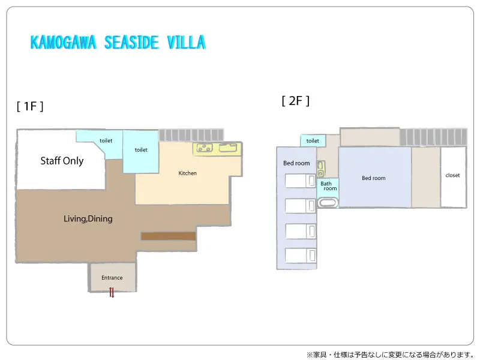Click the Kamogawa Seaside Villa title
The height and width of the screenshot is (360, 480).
click(118, 42)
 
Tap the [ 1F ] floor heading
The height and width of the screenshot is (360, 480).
click(30, 106)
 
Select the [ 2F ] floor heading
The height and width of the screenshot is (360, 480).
click(295, 100)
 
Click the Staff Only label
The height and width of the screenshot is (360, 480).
click(62, 161)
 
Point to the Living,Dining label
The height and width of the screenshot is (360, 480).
click(88, 218)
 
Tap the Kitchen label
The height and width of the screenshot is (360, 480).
click(187, 173)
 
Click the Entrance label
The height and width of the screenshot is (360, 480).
click(112, 278)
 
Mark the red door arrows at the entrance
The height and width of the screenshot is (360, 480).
click(112, 292)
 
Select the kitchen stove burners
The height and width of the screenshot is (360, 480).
click(204, 148)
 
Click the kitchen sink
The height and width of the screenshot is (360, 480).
click(228, 148)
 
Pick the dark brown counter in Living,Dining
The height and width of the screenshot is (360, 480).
click(168, 236)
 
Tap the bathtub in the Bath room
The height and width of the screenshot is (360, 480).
click(328, 202)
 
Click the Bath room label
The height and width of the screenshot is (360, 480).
click(328, 186)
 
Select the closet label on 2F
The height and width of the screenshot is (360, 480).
click(452, 175)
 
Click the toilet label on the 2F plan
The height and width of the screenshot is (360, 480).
click(313, 141)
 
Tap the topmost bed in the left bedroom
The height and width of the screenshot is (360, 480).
click(301, 181)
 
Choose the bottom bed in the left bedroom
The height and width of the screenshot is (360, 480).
click(301, 256)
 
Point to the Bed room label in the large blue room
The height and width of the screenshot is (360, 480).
click(373, 178)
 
